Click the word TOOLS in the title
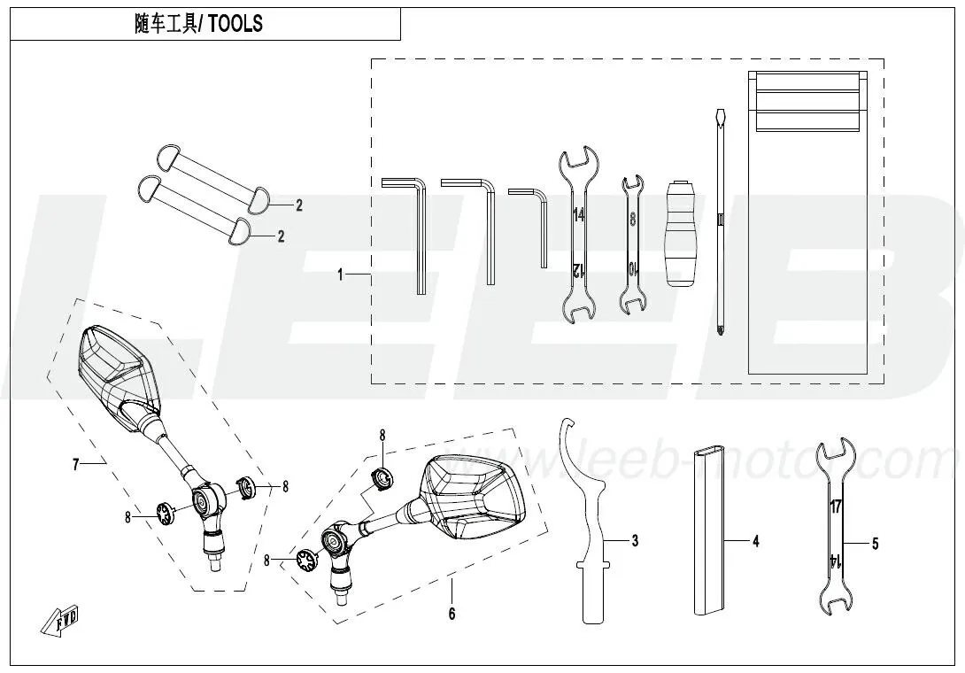[x=235, y=24]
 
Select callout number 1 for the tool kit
[x=340, y=275]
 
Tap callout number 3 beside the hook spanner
[x=635, y=541]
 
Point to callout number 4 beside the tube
[x=756, y=541]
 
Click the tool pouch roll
[x=807, y=222]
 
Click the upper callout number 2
[x=299, y=205]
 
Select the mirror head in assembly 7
[x=120, y=376]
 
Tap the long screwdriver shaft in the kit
[x=719, y=221]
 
